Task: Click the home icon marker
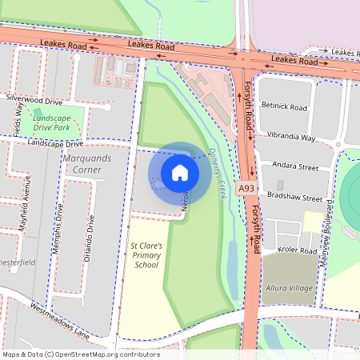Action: pos(179,172)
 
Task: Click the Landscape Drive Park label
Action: pos(62,122)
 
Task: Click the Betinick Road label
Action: pos(284,106)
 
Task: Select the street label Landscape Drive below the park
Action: pos(55,144)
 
